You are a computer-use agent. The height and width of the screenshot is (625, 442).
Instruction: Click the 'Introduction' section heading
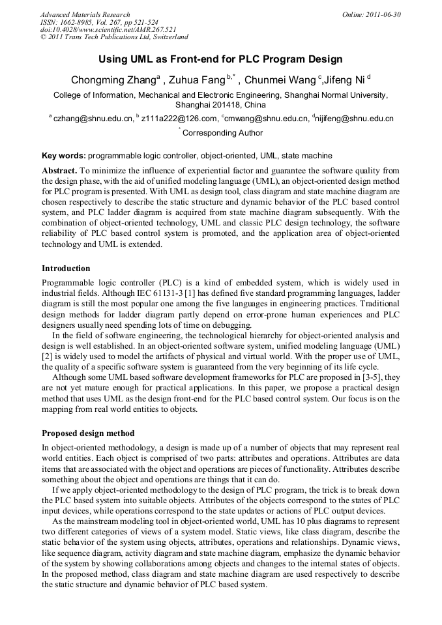click(66, 269)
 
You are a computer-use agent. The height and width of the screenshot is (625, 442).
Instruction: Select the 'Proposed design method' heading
click(88, 433)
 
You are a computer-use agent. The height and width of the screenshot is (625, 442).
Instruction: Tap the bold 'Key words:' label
click(64, 156)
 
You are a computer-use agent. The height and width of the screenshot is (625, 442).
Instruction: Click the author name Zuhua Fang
click(197, 81)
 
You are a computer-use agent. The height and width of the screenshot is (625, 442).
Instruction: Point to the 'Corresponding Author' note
click(222, 133)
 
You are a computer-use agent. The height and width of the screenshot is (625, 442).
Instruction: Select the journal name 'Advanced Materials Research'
click(85, 14)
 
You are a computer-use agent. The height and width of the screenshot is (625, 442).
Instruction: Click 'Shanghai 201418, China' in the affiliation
click(221, 104)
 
